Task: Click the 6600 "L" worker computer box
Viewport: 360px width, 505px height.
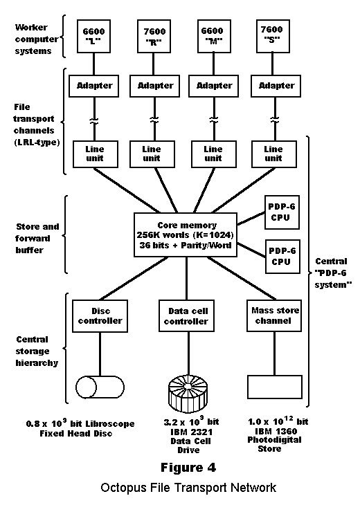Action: click(93, 36)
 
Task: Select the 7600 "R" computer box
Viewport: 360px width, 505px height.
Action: click(154, 36)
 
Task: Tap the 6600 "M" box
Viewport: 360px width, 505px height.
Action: click(214, 36)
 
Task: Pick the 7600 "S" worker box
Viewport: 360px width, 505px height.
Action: click(273, 36)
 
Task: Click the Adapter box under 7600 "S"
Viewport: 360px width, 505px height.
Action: click(276, 86)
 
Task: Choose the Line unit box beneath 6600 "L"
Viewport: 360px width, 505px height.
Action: click(96, 154)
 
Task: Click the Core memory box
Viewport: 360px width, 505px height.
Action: click(186, 235)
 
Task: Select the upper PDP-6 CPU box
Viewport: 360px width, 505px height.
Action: click(282, 212)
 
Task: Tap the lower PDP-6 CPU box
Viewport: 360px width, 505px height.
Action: click(282, 257)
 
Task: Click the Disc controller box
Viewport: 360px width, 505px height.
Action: click(100, 316)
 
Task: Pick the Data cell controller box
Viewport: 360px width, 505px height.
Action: click(187, 316)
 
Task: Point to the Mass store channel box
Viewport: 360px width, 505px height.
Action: click(274, 315)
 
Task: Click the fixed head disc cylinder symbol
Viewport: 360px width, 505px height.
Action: click(100, 387)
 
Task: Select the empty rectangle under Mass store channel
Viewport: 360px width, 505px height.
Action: click(275, 387)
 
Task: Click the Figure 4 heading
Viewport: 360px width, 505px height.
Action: click(188, 468)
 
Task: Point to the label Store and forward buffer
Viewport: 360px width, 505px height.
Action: click(37, 239)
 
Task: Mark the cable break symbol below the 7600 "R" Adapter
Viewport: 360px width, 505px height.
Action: click(154, 120)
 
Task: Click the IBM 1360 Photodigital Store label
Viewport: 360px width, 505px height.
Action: click(275, 440)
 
